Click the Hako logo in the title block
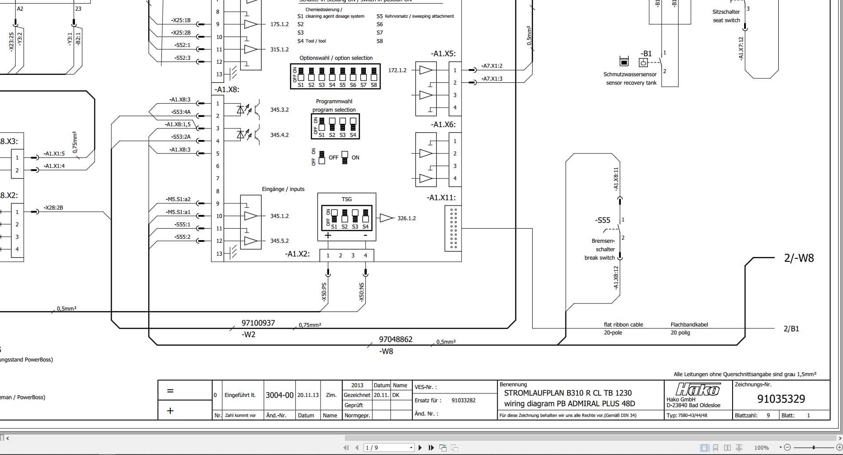tap(698, 389)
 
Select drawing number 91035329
tap(781, 399)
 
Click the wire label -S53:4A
tap(181, 112)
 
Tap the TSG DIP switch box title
tap(347, 199)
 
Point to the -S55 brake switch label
tap(602, 220)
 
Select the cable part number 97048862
tap(396, 339)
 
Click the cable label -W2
tap(248, 334)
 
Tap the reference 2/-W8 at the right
tap(799, 258)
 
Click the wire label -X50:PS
tap(324, 292)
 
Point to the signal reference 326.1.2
tap(406, 218)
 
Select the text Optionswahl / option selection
tap(336, 58)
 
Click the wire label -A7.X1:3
tap(492, 79)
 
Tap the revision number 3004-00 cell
tap(279, 395)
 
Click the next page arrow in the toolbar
tap(420, 447)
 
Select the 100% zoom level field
tap(761, 447)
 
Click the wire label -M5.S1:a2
tap(178, 199)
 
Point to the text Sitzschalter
tap(726, 12)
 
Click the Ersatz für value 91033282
tap(463, 400)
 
